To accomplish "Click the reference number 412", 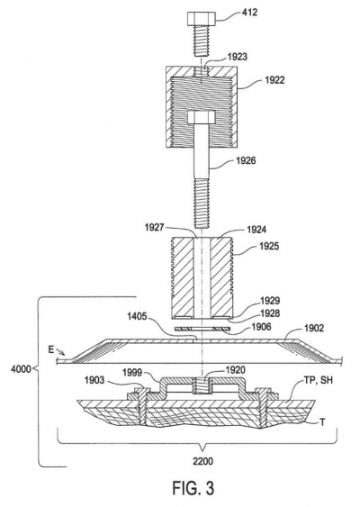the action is [249, 13].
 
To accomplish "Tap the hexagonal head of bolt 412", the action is [201, 19].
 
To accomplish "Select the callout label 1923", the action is [238, 57].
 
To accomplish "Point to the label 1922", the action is [274, 80].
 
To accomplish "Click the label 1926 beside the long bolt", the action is [246, 160].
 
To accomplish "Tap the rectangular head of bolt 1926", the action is [201, 117].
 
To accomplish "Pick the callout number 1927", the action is [155, 228].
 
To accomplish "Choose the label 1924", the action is [256, 230].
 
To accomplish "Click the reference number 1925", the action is [269, 247].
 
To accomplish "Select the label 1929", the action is [270, 301].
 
